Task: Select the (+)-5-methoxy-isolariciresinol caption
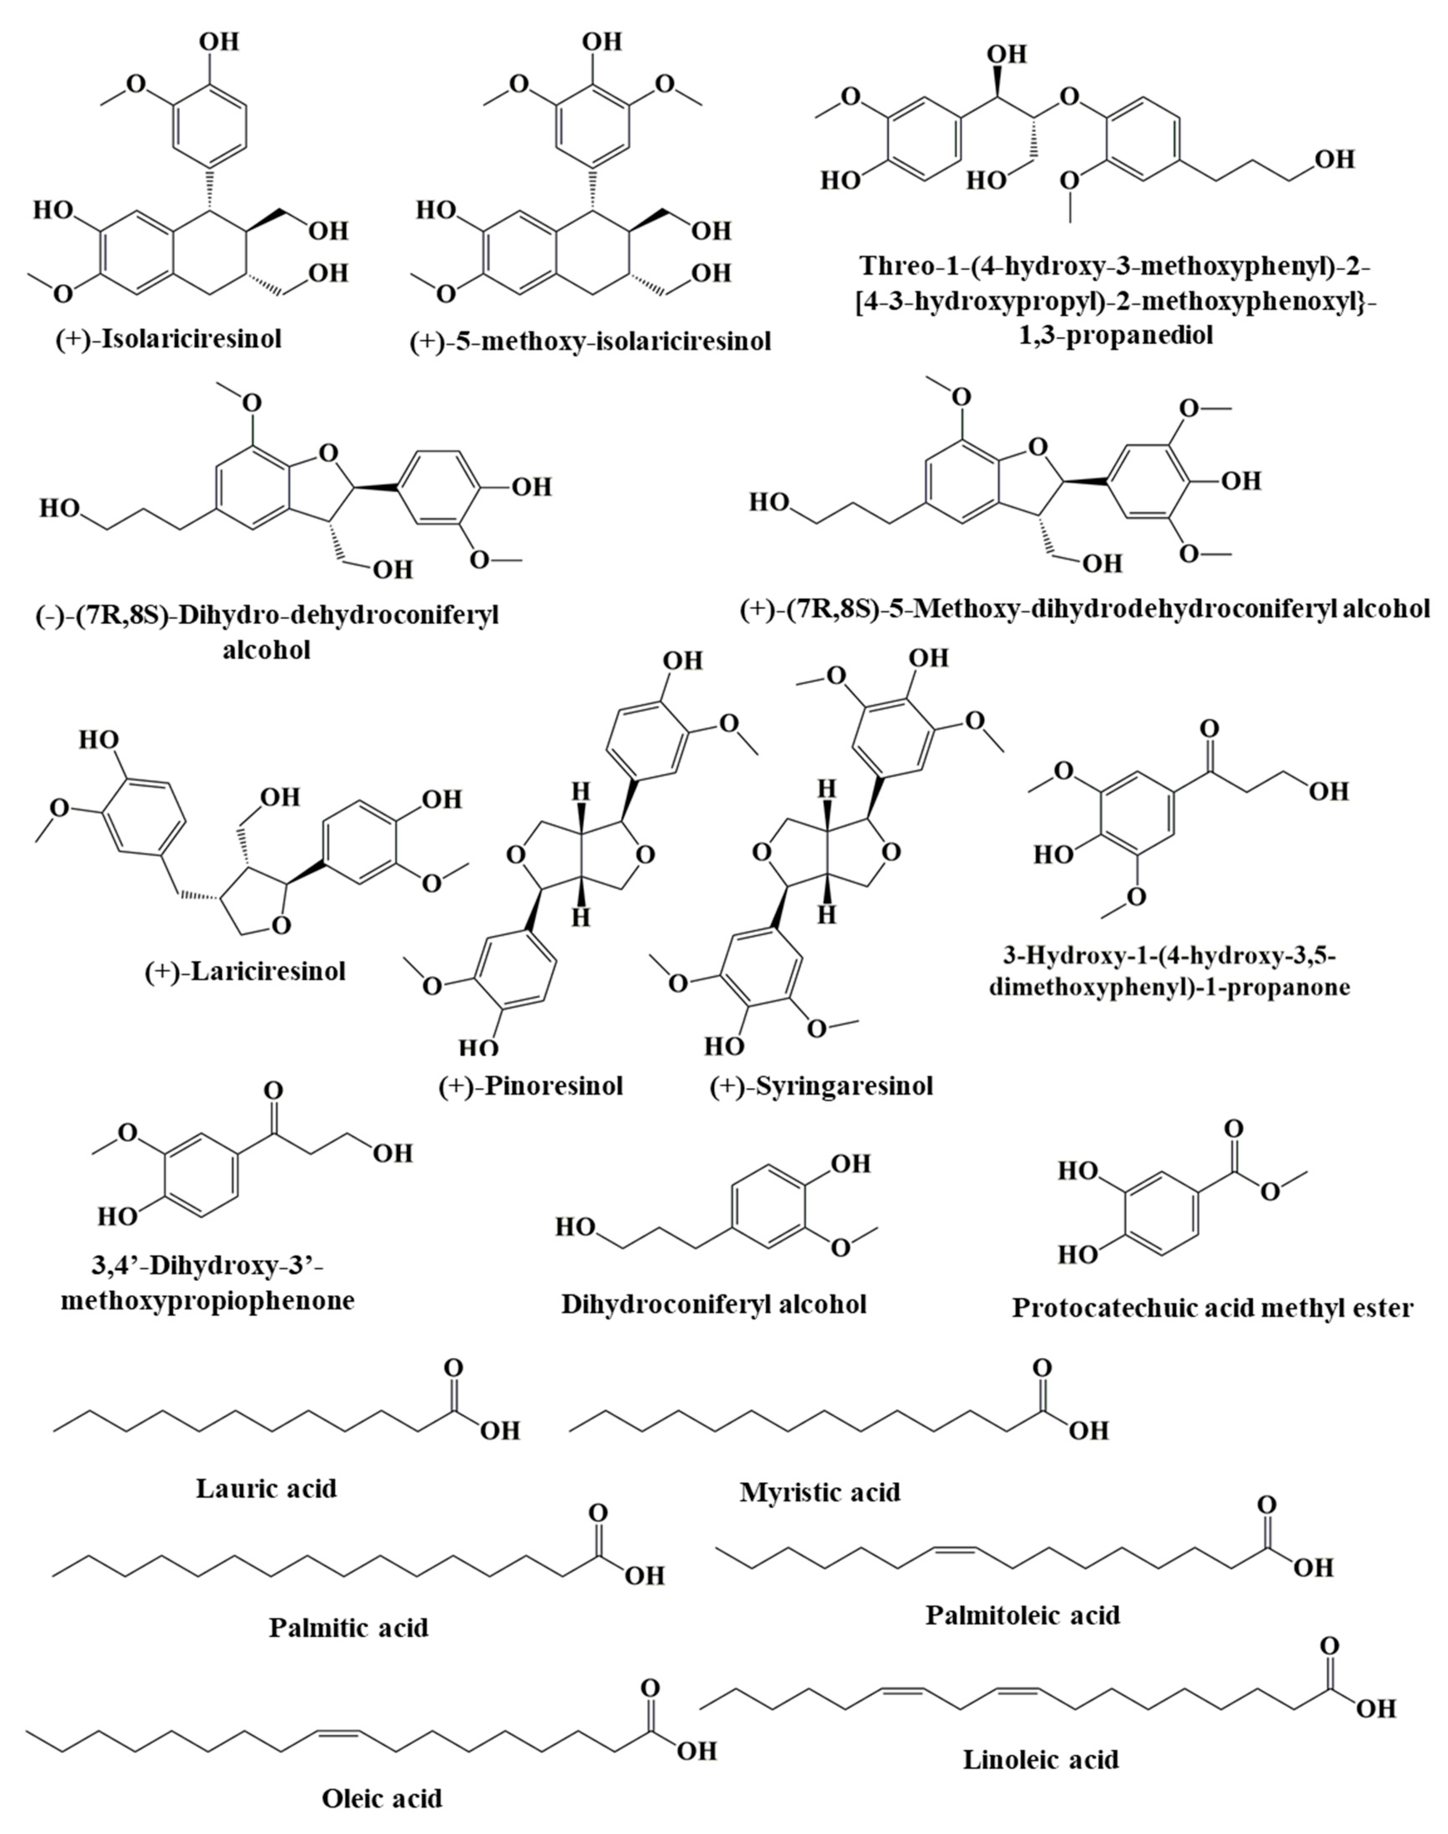coord(590,342)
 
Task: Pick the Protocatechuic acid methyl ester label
coord(1212,1308)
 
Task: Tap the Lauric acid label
coord(266,1488)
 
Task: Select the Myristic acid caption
coord(820,1492)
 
